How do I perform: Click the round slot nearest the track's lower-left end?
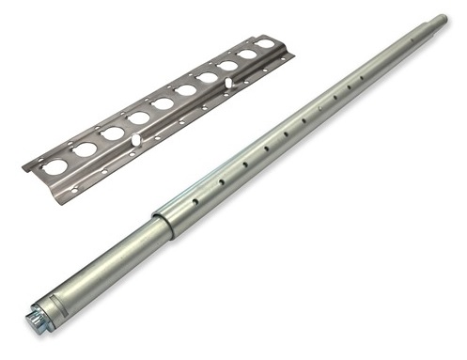55,166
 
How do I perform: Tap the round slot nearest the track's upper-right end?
267,43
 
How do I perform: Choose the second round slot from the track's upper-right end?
248,55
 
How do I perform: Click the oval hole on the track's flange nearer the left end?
136,140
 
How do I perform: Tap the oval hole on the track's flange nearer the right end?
228,84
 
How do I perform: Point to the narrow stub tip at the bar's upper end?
440,20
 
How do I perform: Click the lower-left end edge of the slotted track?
27,166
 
